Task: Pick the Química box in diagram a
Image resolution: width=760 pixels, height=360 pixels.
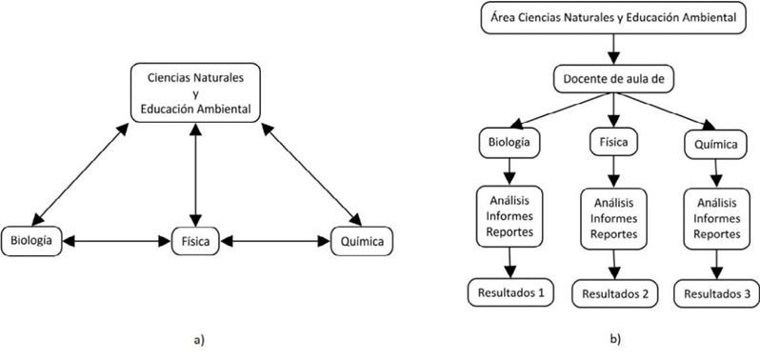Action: coord(358,241)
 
